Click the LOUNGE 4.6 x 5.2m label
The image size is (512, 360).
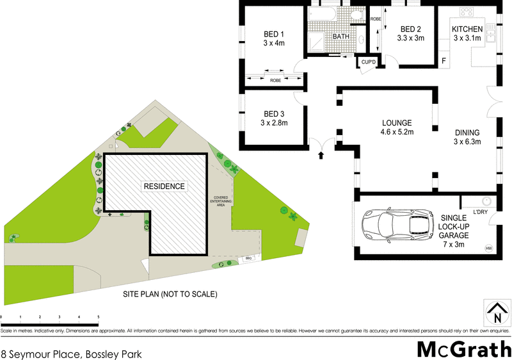(x=397, y=127)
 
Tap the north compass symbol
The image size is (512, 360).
(x=497, y=313)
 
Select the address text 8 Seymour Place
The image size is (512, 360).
(x=71, y=353)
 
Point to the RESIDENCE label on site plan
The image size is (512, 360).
(x=164, y=186)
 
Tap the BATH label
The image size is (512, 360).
(x=340, y=37)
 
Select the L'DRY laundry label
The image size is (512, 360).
(x=481, y=212)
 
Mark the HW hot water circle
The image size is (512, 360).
(x=489, y=248)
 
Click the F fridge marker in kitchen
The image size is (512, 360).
(x=444, y=61)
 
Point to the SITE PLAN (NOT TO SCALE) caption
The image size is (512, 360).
(x=170, y=295)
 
